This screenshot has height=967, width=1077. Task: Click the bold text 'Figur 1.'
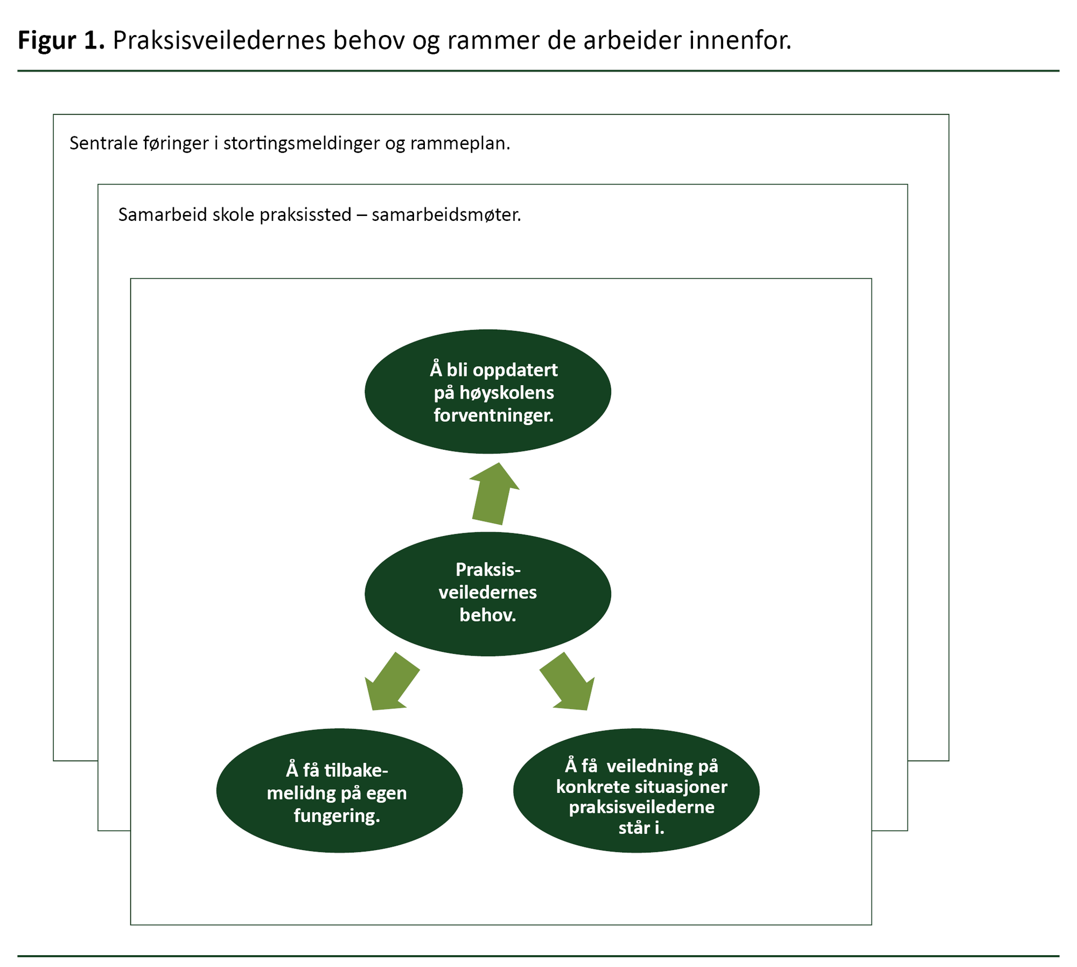[61, 41]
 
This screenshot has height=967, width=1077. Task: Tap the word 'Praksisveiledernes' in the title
[219, 41]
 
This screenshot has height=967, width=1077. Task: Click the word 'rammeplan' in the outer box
[459, 143]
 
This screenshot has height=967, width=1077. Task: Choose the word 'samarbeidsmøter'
[445, 215]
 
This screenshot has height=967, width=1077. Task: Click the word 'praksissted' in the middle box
[305, 215]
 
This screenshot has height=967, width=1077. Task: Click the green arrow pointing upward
[493, 493]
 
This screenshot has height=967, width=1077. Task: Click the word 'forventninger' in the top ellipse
[493, 415]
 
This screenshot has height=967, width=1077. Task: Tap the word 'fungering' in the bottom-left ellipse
[337, 816]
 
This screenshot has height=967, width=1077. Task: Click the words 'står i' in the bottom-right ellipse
[641, 827]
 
